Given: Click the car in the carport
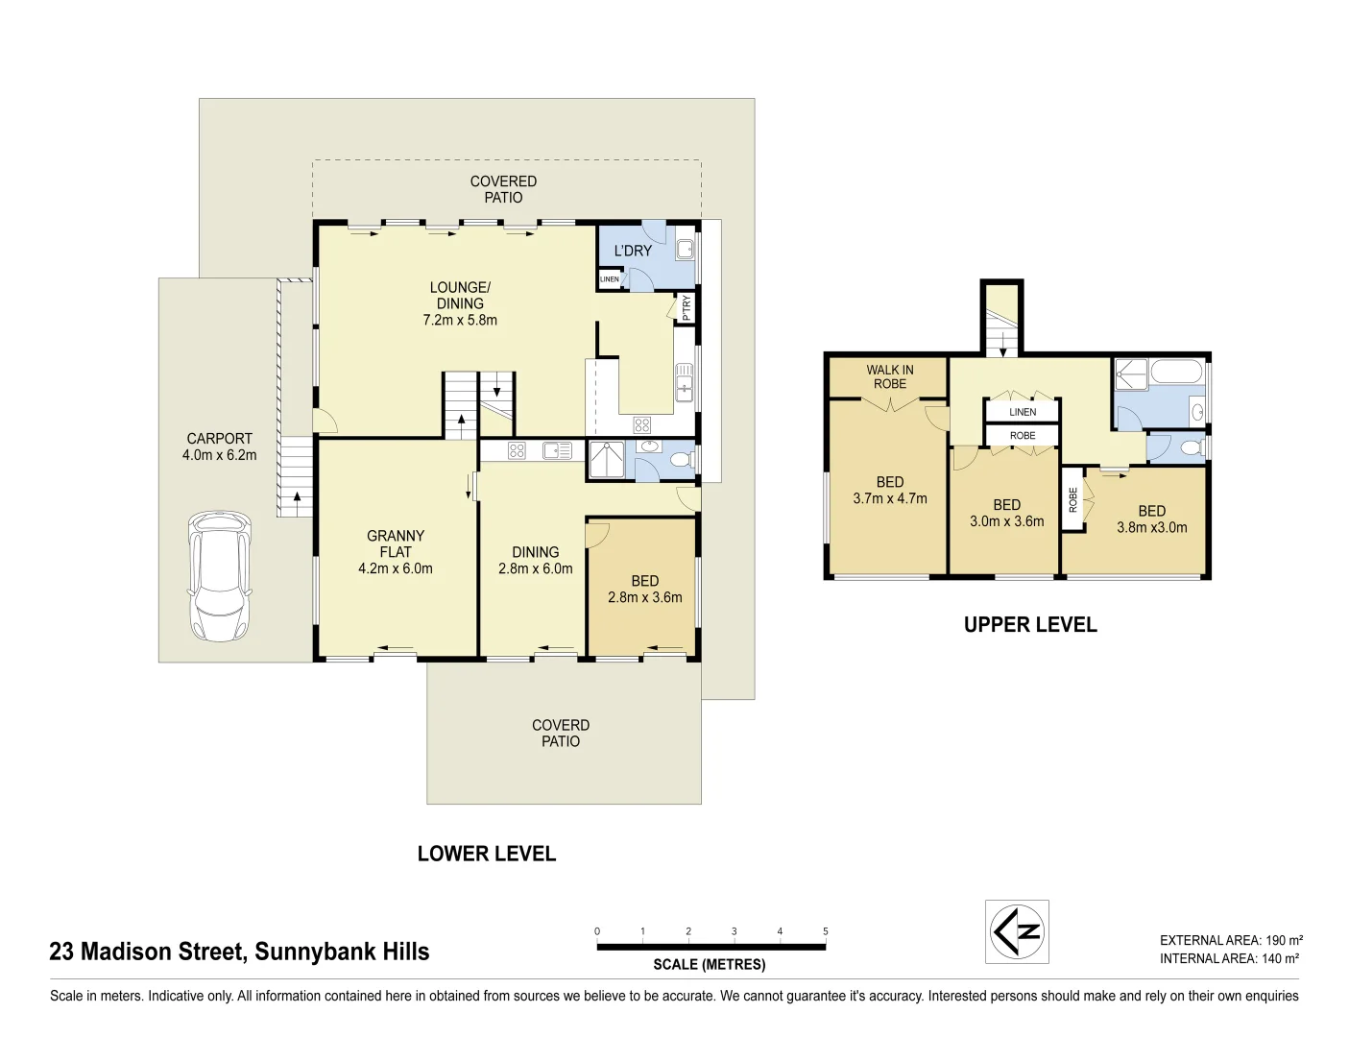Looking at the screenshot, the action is (220, 576).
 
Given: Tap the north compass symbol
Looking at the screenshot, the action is (1017, 931).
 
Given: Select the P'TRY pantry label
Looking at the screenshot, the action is (686, 308).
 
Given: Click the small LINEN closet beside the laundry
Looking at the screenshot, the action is (609, 279).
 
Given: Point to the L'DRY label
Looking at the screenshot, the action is (633, 251).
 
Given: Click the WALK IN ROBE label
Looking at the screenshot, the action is (890, 376).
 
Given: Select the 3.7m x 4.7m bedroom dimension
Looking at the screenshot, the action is (890, 498).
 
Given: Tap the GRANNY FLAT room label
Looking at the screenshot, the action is (396, 543).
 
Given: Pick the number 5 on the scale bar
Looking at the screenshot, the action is (825, 930).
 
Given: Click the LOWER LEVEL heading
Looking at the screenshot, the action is (487, 854).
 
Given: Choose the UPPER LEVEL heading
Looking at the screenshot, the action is (1030, 624).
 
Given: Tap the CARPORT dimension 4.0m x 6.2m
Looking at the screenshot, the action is (219, 455).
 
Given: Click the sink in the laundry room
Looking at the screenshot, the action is (685, 249).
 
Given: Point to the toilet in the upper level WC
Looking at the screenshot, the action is (1190, 446).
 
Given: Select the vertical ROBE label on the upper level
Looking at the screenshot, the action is (1072, 500).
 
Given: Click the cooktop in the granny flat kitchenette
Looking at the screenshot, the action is (517, 450).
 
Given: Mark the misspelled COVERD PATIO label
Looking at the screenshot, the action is (561, 733).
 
